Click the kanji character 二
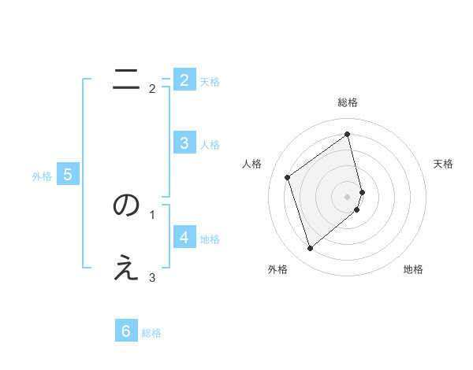tap(126, 79)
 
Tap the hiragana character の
tap(126, 205)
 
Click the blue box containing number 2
tap(184, 80)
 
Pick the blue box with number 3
tap(184, 142)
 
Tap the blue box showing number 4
tap(184, 237)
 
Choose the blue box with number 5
tap(68, 175)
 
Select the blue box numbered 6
tap(126, 331)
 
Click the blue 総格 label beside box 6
tap(151, 333)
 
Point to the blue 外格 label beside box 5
tap(42, 176)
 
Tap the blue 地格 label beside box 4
tap(210, 239)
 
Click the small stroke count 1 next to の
tap(152, 213)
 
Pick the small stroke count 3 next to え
tap(152, 277)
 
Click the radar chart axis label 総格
tap(348, 102)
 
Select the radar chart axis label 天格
tap(444, 164)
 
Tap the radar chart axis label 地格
tap(413, 269)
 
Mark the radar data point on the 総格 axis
tap(348, 134)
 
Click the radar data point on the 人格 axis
tap(288, 177)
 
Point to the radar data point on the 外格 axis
tap(310, 249)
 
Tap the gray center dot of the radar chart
tap(348, 196)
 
